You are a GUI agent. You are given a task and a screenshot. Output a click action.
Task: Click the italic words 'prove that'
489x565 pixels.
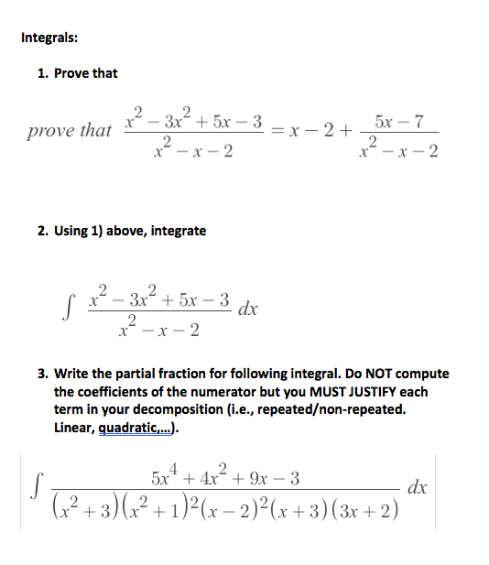[x=69, y=130]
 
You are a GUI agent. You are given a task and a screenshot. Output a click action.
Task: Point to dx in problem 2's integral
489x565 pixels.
[x=247, y=309]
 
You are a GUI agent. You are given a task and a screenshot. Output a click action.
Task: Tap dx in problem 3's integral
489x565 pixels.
[x=417, y=487]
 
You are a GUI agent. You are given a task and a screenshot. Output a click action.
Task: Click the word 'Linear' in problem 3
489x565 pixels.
[x=74, y=427]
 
